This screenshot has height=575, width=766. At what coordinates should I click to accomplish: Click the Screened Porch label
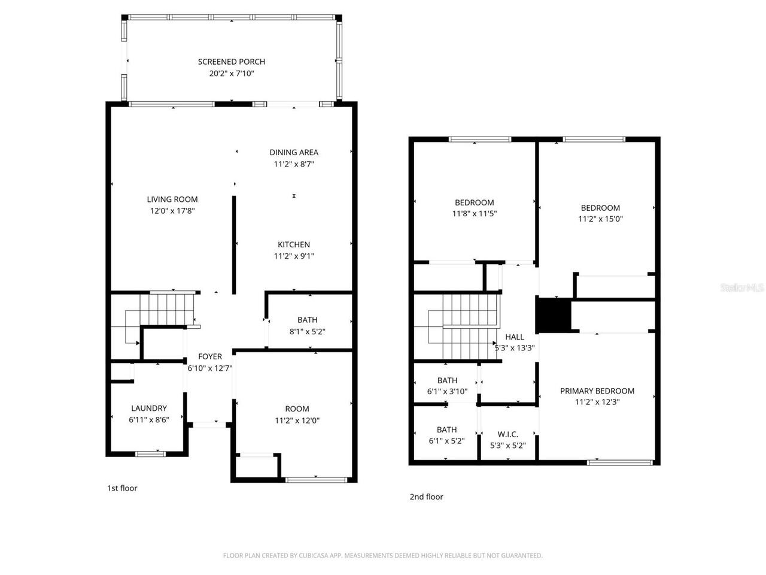(x=231, y=62)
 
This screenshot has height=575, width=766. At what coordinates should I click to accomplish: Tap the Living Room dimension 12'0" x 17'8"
(x=172, y=211)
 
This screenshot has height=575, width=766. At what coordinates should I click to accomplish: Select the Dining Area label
(x=293, y=152)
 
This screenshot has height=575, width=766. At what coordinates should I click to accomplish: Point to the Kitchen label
(x=293, y=244)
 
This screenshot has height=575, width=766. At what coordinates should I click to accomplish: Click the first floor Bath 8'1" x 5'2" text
(x=307, y=331)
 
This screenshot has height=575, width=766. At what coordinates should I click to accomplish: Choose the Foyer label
(x=210, y=356)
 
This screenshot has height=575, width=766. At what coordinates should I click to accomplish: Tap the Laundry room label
(x=149, y=408)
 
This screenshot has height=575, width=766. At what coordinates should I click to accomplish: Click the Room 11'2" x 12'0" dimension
(x=297, y=420)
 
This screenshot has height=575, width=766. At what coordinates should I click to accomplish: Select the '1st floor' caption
(x=122, y=488)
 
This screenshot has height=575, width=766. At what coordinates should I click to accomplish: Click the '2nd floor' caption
(x=426, y=497)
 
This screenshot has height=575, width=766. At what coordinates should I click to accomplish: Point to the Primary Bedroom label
(x=597, y=391)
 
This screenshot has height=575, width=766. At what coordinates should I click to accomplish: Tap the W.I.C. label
(x=507, y=434)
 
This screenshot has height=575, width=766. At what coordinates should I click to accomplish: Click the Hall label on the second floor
(x=514, y=337)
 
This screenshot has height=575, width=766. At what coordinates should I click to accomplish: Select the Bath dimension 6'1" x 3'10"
(x=448, y=392)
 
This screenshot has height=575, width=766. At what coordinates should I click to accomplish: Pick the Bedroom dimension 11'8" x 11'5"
(x=474, y=214)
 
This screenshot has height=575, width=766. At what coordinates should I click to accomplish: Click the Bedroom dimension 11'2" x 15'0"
(x=600, y=219)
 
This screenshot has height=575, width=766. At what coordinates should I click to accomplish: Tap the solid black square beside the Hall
(x=552, y=315)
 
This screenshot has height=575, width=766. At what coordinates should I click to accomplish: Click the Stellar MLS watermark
(x=742, y=288)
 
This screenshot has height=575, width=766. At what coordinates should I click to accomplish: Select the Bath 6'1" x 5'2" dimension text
(x=446, y=441)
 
